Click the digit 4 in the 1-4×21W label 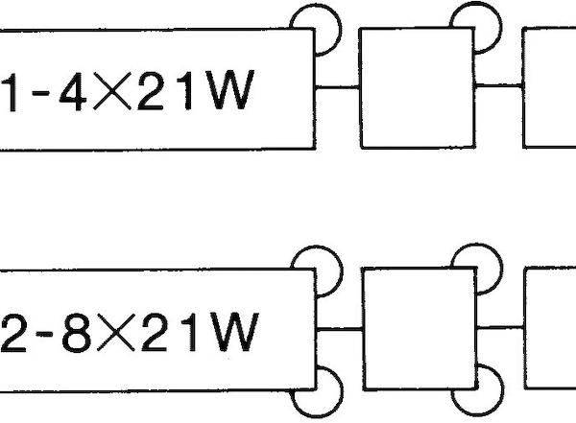tap(74, 92)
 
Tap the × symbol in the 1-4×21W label tap(112, 91)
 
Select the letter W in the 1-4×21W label tap(229, 90)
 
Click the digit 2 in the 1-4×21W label tap(151, 91)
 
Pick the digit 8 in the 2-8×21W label tap(77, 333)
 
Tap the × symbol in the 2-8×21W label tap(116, 333)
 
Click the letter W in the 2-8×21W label tap(233, 332)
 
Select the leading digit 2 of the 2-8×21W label tap(13, 334)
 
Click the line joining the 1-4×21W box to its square tap(337, 87)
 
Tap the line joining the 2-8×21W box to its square tap(340, 329)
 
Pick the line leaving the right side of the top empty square tap(499, 86)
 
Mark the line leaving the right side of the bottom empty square tap(501, 327)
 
